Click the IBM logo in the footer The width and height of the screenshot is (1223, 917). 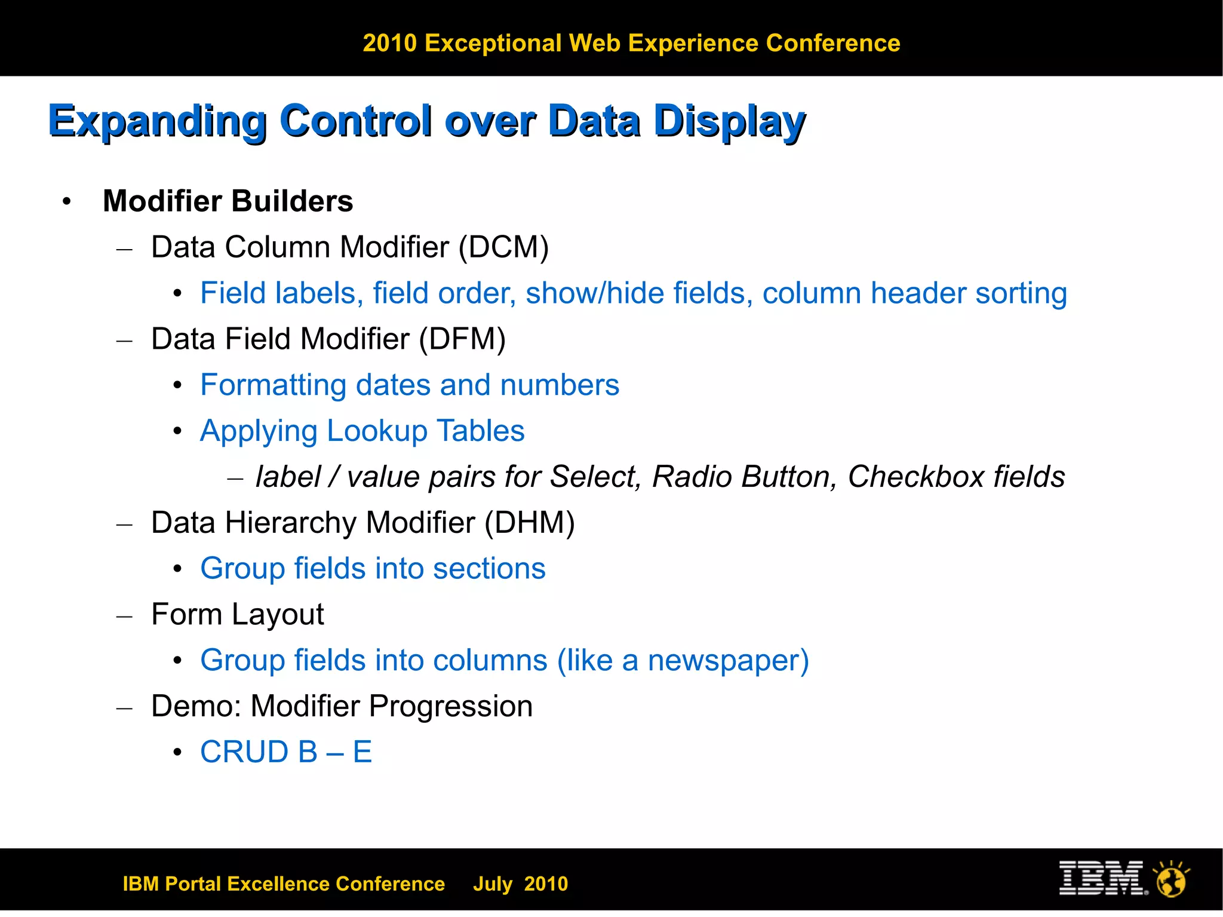[x=1102, y=878]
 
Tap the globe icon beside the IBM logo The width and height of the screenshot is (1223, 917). [x=1171, y=879]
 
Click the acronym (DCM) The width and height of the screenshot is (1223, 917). [x=503, y=247]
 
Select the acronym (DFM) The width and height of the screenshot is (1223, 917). [x=462, y=339]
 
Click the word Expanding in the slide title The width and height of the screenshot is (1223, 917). [x=158, y=121]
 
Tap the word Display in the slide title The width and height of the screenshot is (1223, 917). [x=730, y=121]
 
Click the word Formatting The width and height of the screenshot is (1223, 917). [x=273, y=385]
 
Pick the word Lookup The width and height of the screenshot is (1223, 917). [x=377, y=431]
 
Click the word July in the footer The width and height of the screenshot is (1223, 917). [x=493, y=884]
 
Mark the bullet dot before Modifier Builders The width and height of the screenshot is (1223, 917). [x=67, y=201]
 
